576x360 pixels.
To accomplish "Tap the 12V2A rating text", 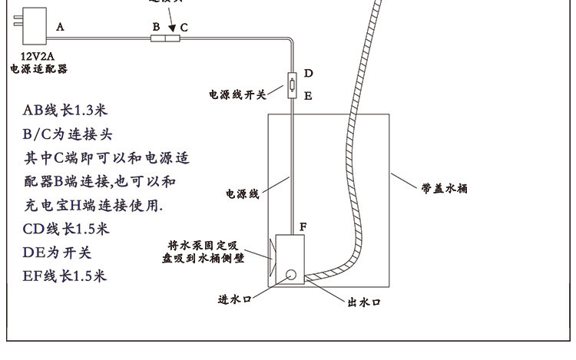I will (37, 56).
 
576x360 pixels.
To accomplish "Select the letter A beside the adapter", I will (60, 26).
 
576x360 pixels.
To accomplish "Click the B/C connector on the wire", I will (165, 36).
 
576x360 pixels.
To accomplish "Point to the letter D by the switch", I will (308, 74).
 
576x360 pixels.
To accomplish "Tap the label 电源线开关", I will (237, 95).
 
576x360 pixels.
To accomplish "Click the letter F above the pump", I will (303, 227).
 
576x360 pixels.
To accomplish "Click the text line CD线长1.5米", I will (66, 229).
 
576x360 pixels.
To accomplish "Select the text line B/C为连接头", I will (68, 134).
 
